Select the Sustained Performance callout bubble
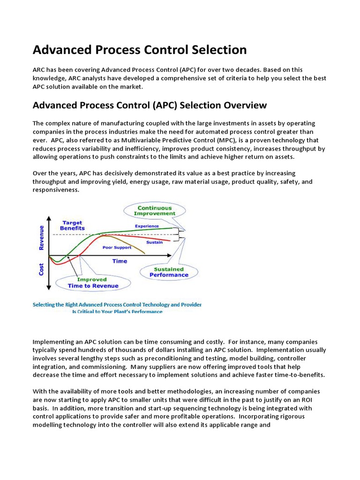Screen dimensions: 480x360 click(169, 272)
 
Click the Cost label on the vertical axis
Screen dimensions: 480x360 click(41, 268)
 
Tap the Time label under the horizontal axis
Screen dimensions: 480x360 click(120, 261)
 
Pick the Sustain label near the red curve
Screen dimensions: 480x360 click(155, 242)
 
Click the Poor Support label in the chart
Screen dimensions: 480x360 click(117, 247)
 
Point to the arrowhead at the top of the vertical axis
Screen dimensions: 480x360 click(48, 217)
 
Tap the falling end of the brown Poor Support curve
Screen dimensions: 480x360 click(143, 253)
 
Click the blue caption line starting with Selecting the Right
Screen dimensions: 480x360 click(117, 304)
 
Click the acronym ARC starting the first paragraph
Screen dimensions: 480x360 click(38, 69)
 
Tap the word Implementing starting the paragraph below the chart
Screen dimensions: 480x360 click(53, 342)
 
